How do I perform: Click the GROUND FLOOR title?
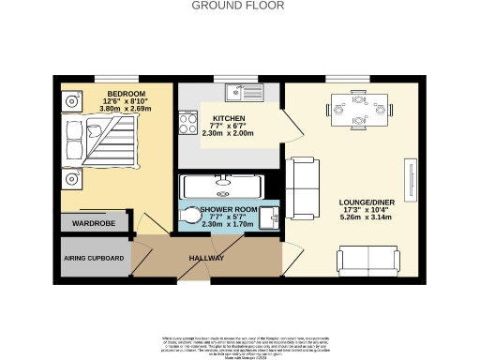tap(239, 6)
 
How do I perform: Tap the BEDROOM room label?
tap(125, 95)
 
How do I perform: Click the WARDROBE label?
tap(94, 224)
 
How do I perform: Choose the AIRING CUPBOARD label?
tap(94, 258)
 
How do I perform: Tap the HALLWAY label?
tap(206, 258)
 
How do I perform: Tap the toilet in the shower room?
tap(190, 216)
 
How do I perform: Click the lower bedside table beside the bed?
tap(70, 177)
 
